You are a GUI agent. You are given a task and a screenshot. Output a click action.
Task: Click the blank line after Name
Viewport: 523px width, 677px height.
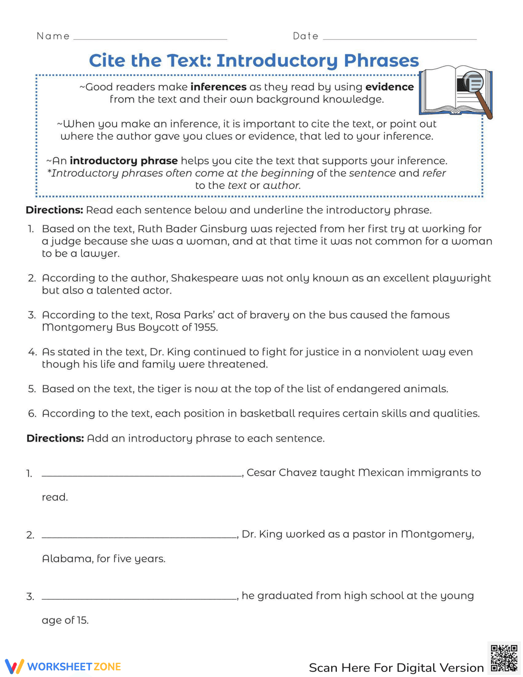[x=150, y=38]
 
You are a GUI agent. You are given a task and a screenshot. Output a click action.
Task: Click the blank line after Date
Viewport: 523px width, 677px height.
[x=400, y=38]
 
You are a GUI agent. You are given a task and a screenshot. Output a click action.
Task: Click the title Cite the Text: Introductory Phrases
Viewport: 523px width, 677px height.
[x=254, y=61]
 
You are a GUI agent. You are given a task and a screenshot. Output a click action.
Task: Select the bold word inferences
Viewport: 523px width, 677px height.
[x=218, y=87]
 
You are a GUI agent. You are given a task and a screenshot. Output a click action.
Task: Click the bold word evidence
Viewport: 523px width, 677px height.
[x=389, y=87]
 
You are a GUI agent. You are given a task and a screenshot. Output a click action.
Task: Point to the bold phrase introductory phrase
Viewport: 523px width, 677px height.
[x=123, y=161]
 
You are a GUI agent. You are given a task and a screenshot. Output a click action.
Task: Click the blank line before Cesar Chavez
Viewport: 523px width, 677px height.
[x=142, y=475]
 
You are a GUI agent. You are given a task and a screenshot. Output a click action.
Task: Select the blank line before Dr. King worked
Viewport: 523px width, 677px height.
[x=139, y=536]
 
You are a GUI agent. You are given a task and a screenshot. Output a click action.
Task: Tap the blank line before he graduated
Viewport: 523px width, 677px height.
[x=139, y=597]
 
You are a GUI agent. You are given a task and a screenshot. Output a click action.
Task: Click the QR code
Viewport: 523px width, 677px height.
[x=504, y=658]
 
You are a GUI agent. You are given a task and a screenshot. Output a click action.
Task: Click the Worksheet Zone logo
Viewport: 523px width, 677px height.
[x=63, y=667]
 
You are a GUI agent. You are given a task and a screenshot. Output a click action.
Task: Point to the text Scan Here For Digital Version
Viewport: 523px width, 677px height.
[x=396, y=668]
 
